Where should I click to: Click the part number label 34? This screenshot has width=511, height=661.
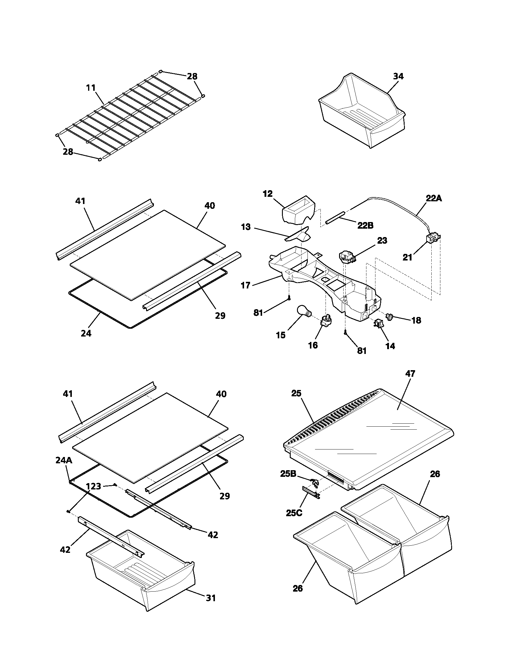click(x=398, y=77)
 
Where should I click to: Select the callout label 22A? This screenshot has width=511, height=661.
click(x=433, y=199)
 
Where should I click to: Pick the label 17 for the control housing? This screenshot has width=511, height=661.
click(x=246, y=285)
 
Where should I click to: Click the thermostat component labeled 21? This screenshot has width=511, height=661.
click(x=432, y=240)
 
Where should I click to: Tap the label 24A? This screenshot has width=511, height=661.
click(x=64, y=460)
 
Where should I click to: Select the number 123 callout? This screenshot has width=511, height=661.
click(x=93, y=486)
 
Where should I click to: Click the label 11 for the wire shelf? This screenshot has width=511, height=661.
click(x=91, y=88)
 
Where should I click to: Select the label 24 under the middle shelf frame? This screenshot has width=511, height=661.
click(x=86, y=333)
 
